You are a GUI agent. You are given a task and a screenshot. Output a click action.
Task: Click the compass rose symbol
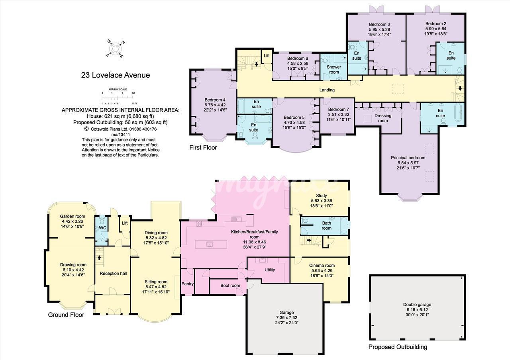116,49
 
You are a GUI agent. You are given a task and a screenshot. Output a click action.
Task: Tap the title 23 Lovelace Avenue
116,75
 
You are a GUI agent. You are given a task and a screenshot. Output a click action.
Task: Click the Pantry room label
187,284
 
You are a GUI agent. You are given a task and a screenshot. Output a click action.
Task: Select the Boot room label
230,286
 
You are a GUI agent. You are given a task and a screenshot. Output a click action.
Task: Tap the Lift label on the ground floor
125,223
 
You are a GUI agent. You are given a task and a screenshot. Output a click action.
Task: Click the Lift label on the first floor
267,56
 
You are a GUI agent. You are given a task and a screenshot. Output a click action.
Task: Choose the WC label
103,228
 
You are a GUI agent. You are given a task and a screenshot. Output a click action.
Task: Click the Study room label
322,196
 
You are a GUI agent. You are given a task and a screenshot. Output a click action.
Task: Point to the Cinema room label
322,265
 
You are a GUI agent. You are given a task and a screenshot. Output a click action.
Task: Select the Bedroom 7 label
339,110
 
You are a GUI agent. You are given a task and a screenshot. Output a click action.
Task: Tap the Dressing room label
383,118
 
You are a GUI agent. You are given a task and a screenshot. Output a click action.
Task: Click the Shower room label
334,69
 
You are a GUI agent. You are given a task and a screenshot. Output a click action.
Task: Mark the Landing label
327,90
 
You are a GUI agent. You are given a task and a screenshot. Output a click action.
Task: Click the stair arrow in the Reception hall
99,257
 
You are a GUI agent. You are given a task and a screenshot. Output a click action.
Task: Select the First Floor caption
203,147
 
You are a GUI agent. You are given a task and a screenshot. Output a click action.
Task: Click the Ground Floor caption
66,315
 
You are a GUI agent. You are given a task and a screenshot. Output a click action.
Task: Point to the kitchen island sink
210,245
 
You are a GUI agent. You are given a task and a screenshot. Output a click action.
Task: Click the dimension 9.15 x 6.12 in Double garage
417,310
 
